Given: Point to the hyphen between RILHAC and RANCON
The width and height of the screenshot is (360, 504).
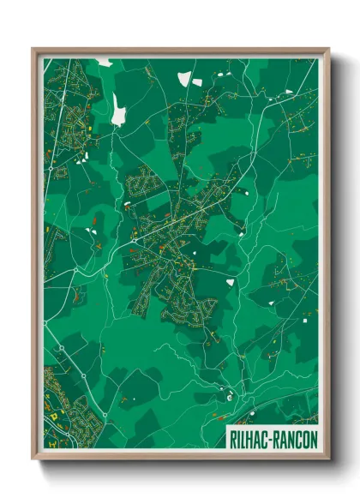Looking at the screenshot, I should [270, 437].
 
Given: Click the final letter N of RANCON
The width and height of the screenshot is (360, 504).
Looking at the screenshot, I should [311, 437].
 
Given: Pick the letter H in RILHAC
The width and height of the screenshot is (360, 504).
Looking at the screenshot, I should [251, 437].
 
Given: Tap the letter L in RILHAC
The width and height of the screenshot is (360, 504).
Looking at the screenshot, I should [243, 437].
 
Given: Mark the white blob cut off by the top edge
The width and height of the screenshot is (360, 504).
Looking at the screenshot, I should [105, 62].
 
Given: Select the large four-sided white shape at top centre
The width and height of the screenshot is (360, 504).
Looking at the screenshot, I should [183, 80].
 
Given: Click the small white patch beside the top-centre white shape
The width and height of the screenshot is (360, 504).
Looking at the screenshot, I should [197, 82].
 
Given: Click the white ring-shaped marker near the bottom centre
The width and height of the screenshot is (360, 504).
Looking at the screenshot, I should [229, 396].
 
